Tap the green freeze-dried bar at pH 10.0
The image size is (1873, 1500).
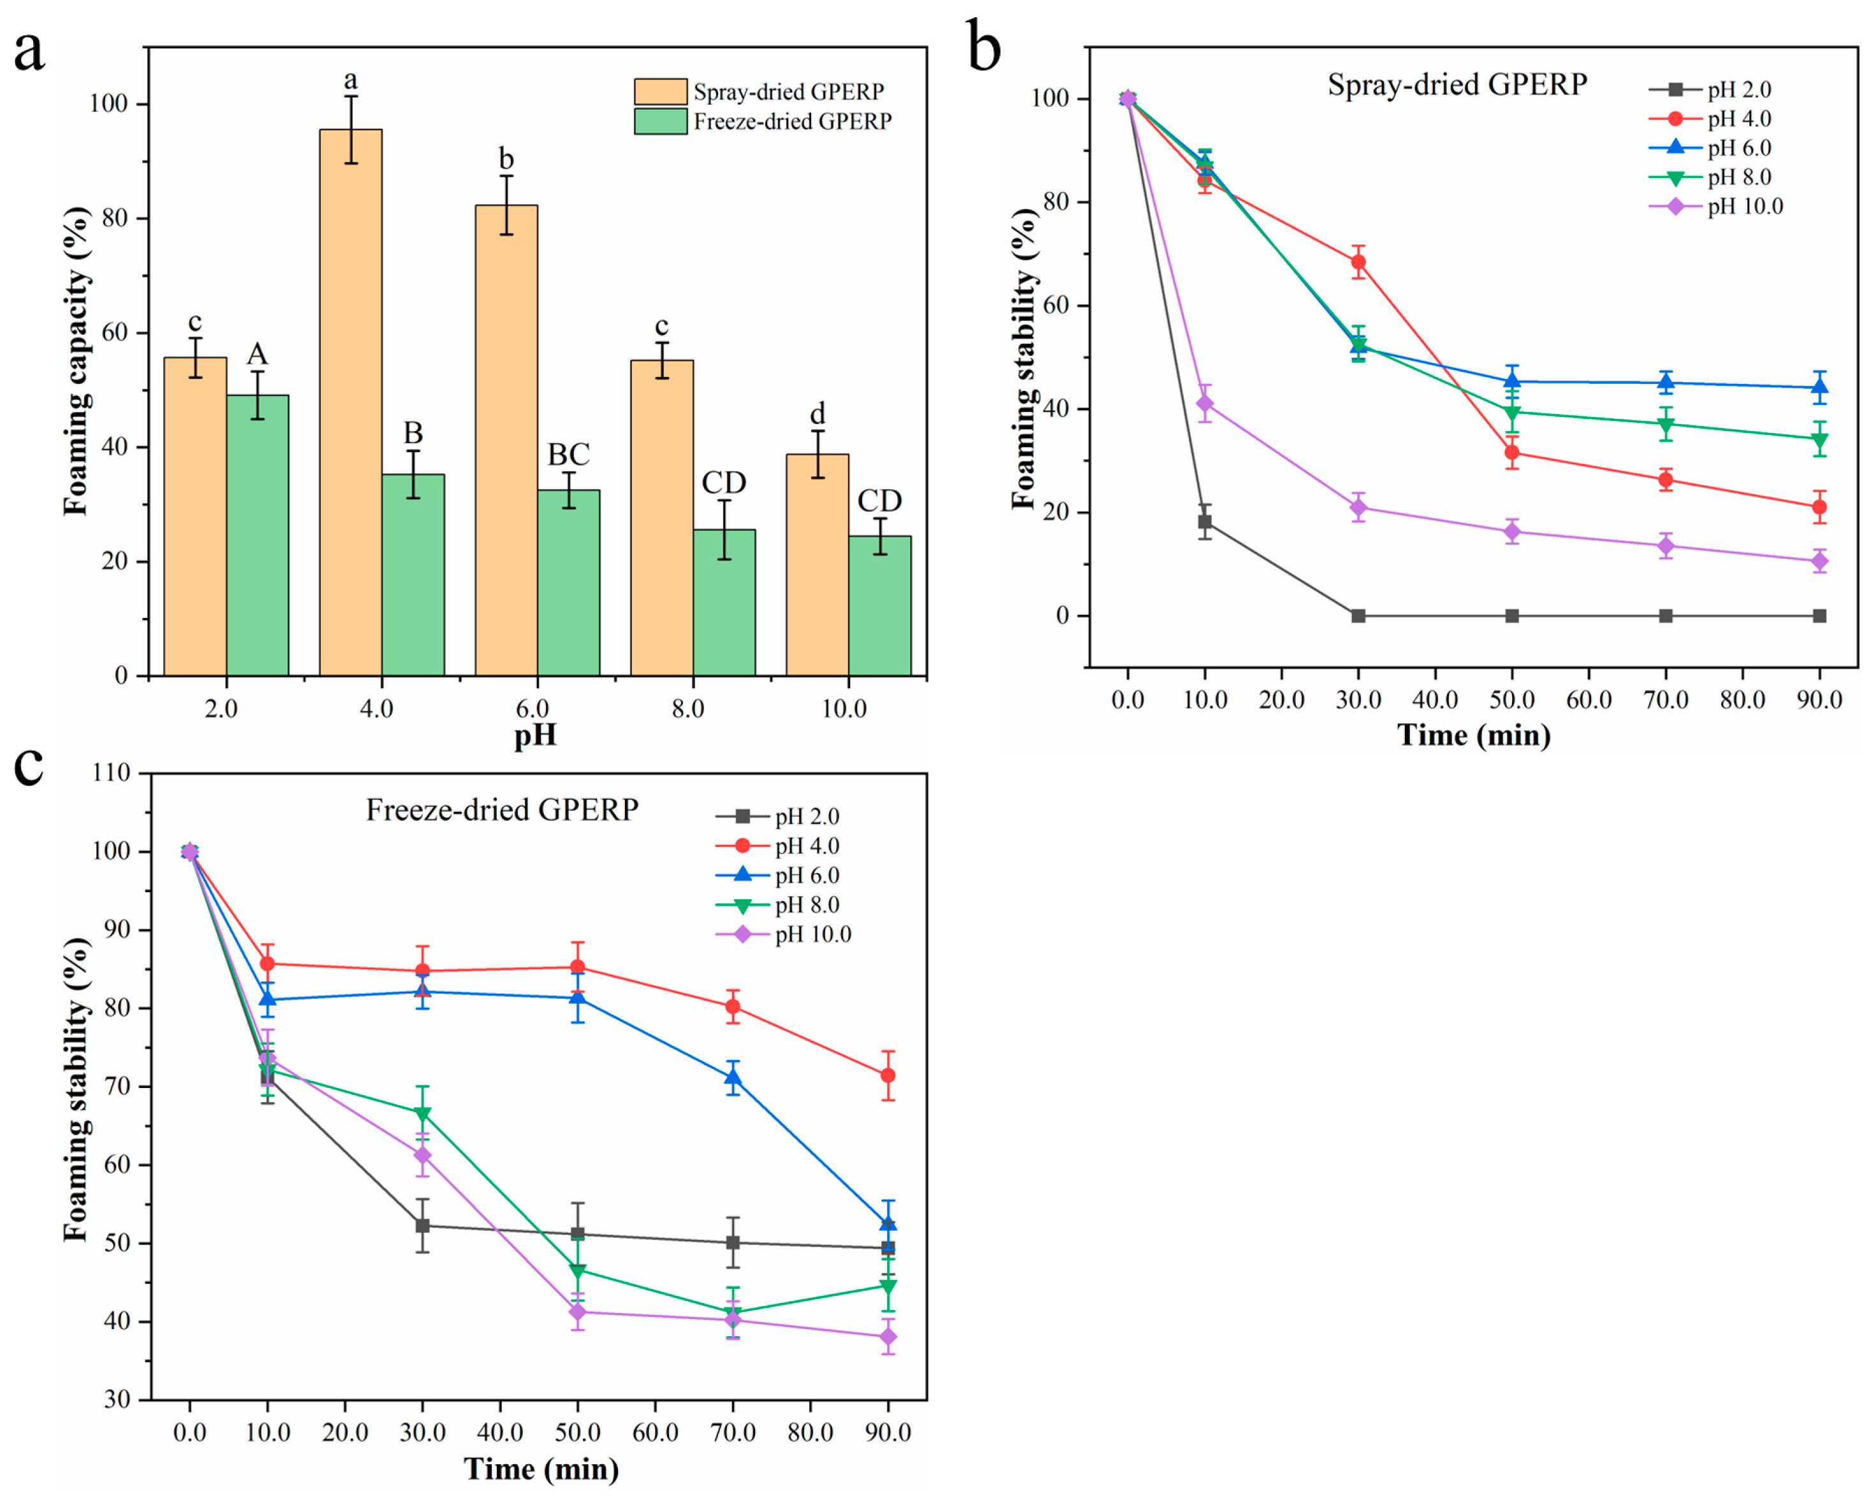(879, 605)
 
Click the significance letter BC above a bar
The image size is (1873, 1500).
(568, 454)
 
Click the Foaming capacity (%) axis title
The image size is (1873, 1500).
(77, 360)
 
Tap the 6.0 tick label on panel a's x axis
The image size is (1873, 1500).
(532, 708)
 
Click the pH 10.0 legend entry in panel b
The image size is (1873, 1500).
(1715, 207)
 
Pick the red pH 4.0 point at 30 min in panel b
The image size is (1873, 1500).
(1358, 262)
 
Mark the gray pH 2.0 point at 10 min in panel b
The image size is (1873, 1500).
(1205, 522)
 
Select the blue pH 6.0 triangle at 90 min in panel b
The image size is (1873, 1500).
(1819, 387)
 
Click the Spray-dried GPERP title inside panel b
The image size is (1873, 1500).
(1457, 84)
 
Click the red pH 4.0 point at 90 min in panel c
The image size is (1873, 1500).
(888, 1075)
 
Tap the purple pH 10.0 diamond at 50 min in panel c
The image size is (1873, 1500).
(578, 1311)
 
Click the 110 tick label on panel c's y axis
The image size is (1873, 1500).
(111, 773)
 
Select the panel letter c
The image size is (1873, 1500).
(28, 765)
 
